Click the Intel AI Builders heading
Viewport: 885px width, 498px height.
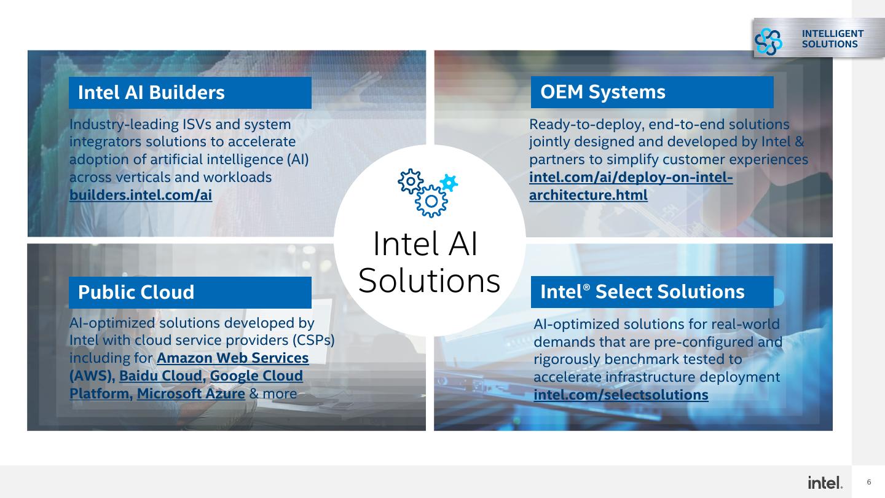tap(151, 92)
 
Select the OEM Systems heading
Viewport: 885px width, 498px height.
tap(602, 92)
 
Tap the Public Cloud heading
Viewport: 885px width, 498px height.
tap(136, 292)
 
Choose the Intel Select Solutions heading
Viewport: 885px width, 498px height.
tap(642, 291)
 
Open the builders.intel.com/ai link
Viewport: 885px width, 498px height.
tap(141, 195)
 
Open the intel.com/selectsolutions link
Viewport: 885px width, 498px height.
tap(621, 395)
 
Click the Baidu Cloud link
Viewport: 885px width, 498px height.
tap(160, 376)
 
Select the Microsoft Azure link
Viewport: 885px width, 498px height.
tap(191, 393)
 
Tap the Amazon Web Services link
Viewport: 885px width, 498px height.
tap(232, 358)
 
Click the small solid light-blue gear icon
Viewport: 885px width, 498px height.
tap(449, 183)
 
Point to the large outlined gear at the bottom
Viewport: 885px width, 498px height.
tap(431, 201)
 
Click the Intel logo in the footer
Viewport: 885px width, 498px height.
tap(825, 483)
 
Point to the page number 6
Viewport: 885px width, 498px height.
tap(869, 482)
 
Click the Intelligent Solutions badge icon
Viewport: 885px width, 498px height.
tap(769, 41)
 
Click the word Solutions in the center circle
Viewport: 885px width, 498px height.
tap(429, 281)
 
